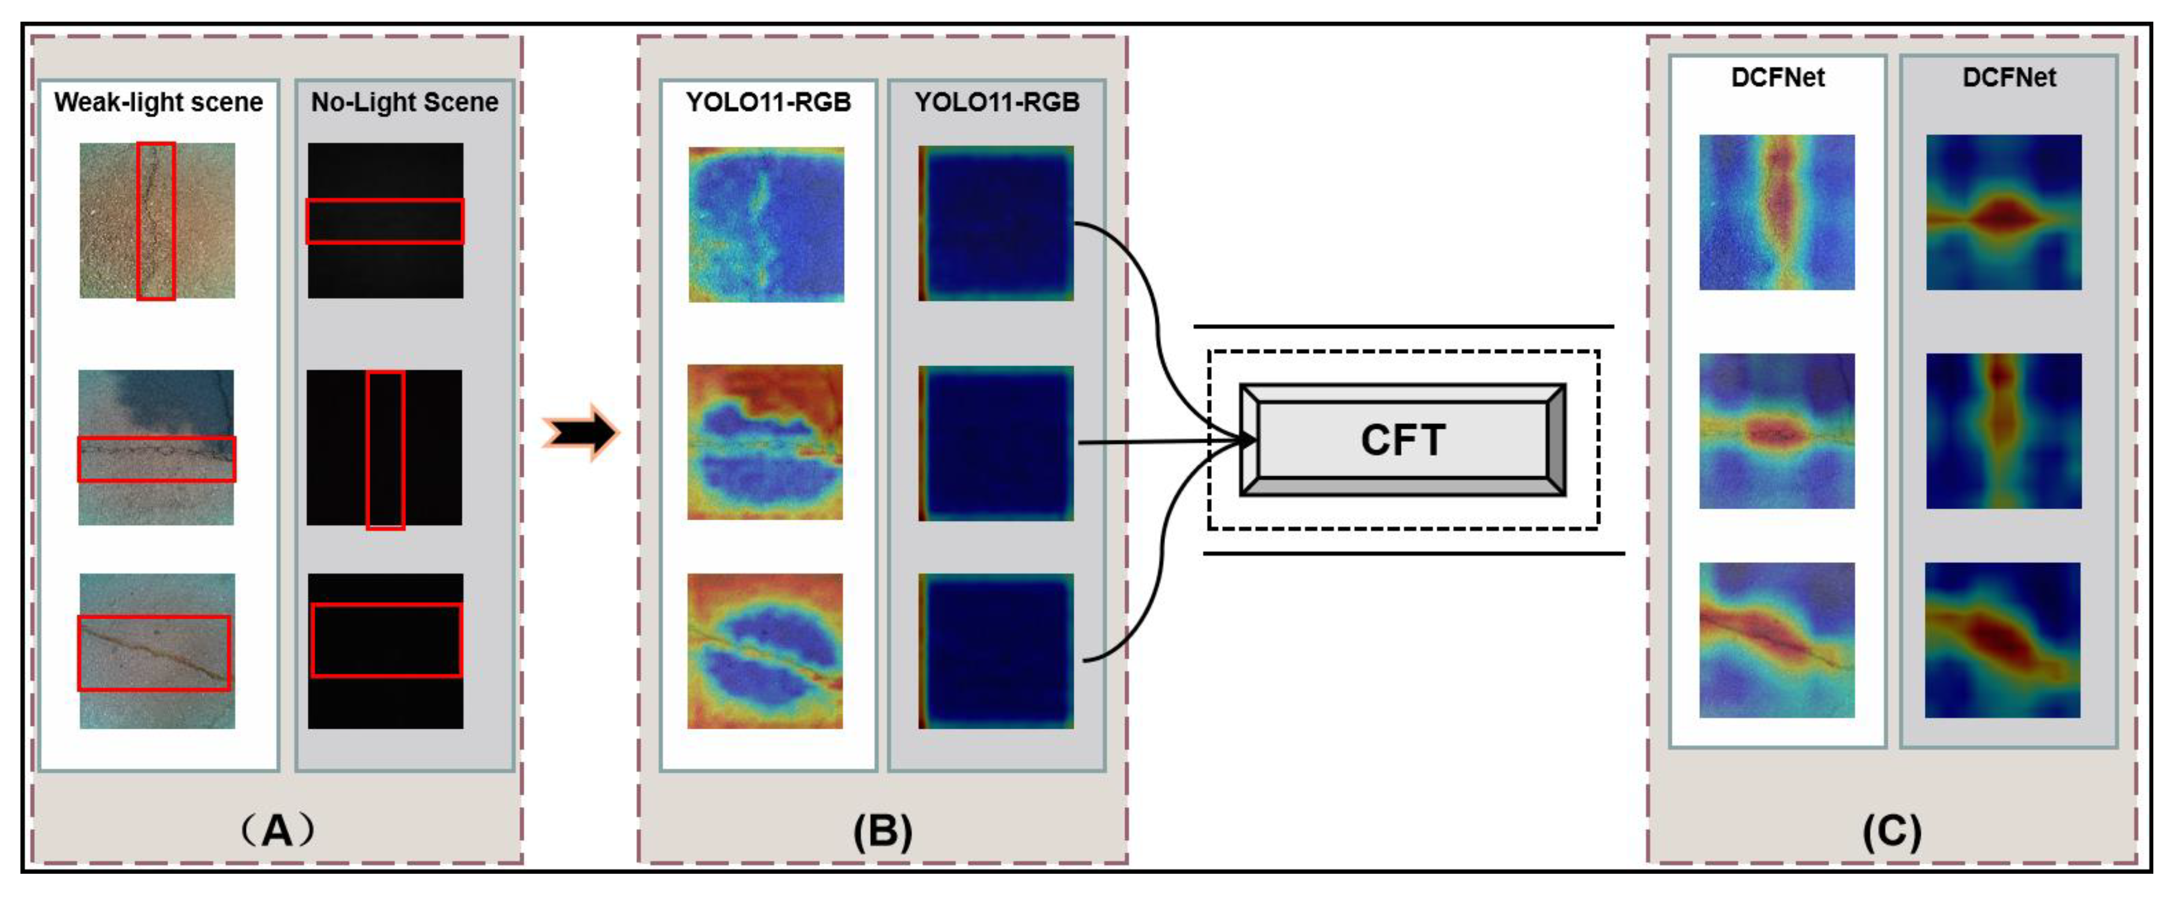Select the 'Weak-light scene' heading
pyautogui.click(x=158, y=102)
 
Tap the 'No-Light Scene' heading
pyautogui.click(x=405, y=102)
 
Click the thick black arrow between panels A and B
pyautogui.click(x=581, y=433)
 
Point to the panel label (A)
pyautogui.click(x=278, y=830)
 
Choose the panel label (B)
pyautogui.click(x=882, y=832)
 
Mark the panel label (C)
pyautogui.click(x=1891, y=832)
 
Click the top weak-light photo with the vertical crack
pyautogui.click(x=158, y=220)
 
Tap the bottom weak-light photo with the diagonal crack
pyautogui.click(x=158, y=651)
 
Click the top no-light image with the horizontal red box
pyautogui.click(x=385, y=220)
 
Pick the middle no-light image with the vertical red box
pyautogui.click(x=384, y=447)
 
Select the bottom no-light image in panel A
pyautogui.click(x=385, y=651)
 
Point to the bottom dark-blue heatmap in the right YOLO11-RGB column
pyautogui.click(x=996, y=651)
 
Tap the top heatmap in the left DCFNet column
pyautogui.click(x=1776, y=212)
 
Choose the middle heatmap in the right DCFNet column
pyautogui.click(x=2003, y=431)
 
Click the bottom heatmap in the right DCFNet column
pyautogui.click(x=2002, y=640)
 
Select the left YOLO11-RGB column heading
pyautogui.click(x=768, y=102)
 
